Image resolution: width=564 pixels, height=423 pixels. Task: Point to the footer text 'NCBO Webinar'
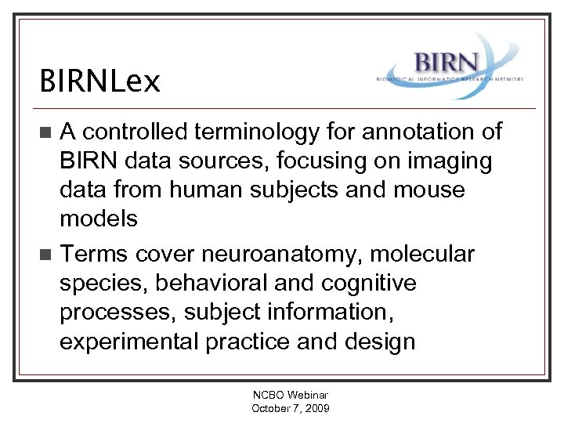click(x=291, y=396)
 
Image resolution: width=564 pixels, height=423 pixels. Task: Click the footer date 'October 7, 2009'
click(x=291, y=408)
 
